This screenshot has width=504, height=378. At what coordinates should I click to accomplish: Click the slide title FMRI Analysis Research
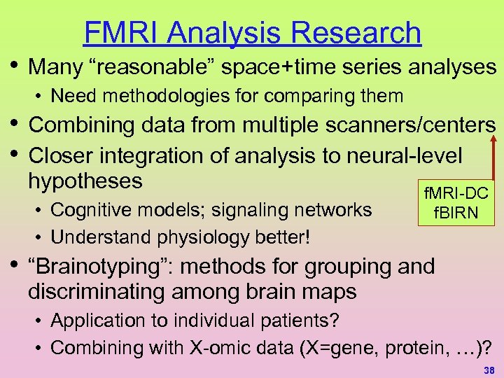(x=252, y=32)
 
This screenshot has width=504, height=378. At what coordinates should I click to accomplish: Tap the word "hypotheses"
(x=85, y=181)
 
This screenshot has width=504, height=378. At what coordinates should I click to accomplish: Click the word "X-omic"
(x=209, y=346)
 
